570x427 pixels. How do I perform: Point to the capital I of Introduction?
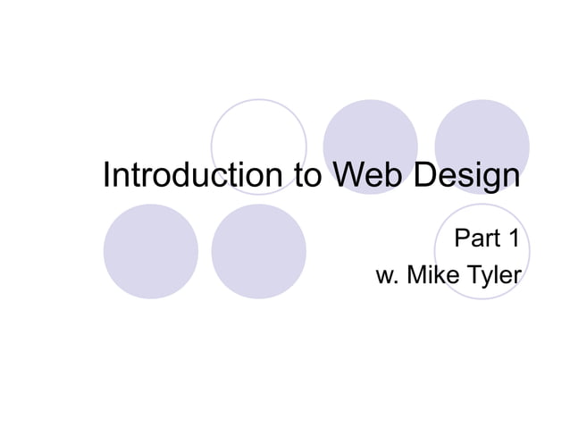pyautogui.click(x=107, y=175)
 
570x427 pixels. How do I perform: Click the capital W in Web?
pyautogui.click(x=347, y=175)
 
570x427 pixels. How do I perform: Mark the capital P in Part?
pyautogui.click(x=463, y=239)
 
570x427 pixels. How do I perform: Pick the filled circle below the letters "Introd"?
pyautogui.click(x=150, y=251)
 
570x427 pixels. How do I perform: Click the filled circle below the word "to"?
pyautogui.click(x=259, y=251)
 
